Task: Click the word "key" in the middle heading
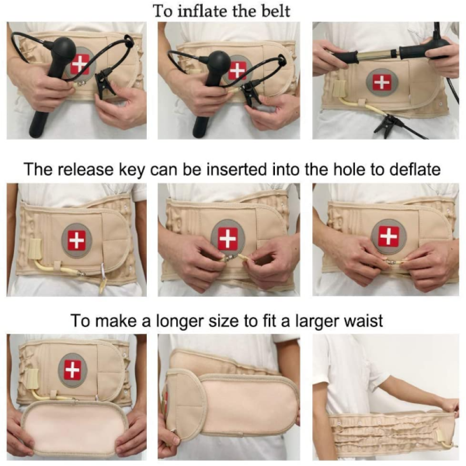[x=132, y=169]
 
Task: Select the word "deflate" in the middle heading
[x=410, y=169]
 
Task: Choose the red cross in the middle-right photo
[x=388, y=236]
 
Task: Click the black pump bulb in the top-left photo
[x=63, y=49]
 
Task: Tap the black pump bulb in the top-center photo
[x=218, y=62]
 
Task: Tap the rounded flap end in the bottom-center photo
[x=184, y=398]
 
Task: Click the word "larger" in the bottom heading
[x=308, y=321]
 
